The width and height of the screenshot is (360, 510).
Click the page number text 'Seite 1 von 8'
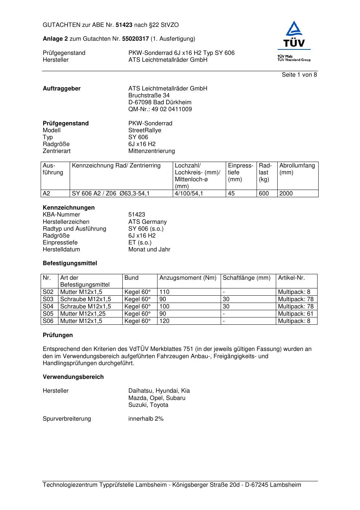[299, 75]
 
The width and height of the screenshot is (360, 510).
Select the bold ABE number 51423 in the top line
[124, 25]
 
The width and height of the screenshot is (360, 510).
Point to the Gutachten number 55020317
[135, 39]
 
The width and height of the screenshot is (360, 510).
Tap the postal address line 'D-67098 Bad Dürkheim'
[160, 102]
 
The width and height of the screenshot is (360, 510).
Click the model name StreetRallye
[145, 130]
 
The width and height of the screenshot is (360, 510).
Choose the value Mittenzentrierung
[151, 151]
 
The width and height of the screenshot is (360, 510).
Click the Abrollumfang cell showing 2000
[286, 194]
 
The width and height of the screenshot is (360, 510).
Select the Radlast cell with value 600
[264, 194]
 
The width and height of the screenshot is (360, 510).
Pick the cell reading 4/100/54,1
[189, 194]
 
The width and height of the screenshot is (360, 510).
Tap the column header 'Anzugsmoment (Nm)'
[188, 278]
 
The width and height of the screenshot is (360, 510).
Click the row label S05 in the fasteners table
[48, 314]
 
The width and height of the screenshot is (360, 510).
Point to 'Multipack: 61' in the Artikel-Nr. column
[295, 314]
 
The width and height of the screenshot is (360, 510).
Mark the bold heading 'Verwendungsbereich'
[73, 377]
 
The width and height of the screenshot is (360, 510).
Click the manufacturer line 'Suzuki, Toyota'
[148, 405]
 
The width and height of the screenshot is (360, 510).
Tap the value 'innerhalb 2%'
[146, 419]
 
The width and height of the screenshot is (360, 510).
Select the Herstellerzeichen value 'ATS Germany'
[147, 222]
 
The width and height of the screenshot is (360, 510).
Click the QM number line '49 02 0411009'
[160, 109]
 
